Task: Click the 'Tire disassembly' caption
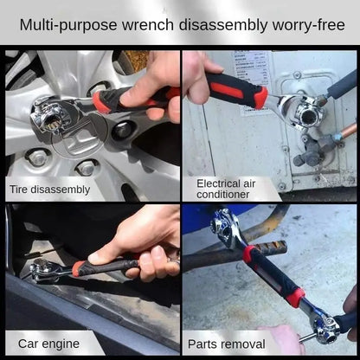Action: [x=49, y=188]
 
